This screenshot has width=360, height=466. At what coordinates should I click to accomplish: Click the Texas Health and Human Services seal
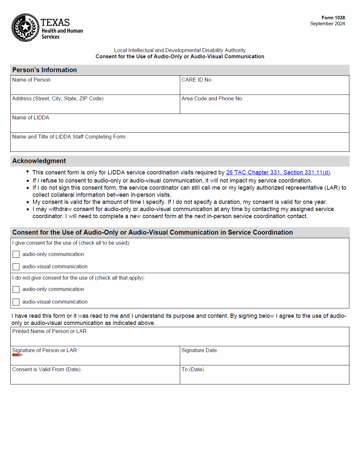coord(25,28)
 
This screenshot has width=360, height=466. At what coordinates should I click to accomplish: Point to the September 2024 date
coord(327,24)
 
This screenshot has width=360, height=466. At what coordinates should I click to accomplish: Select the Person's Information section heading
coord(45,70)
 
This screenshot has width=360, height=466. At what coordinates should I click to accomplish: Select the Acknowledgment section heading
coord(39,161)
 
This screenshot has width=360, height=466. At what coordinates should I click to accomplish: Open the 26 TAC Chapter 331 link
coord(278,172)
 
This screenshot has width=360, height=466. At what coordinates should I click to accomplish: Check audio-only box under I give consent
coord(16,254)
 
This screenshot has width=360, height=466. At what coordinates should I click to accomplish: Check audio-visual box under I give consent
coord(16,267)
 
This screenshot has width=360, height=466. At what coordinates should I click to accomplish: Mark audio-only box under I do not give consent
coord(16,289)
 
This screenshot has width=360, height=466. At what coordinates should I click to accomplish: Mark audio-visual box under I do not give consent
coord(16,302)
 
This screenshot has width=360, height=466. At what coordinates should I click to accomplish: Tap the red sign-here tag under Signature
coord(17,355)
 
